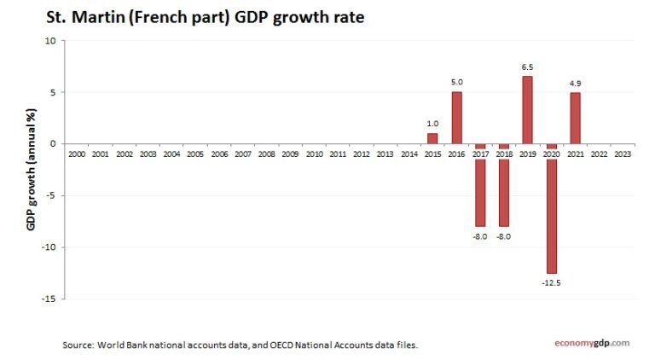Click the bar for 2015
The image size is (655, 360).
pyautogui.click(x=432, y=138)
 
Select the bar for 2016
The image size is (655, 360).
pyautogui.click(x=456, y=118)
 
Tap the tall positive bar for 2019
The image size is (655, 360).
pyautogui.click(x=527, y=110)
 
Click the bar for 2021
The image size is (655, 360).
pyautogui.click(x=575, y=119)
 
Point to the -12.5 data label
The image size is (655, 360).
pyautogui.click(x=551, y=281)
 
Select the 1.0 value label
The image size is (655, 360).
pyautogui.click(x=432, y=124)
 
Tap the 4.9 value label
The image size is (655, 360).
pyautogui.click(x=575, y=84)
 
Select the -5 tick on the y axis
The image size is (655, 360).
pyautogui.click(x=49, y=195)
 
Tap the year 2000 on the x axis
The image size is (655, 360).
pyautogui.click(x=76, y=154)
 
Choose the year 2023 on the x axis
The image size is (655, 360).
pyautogui.click(x=622, y=154)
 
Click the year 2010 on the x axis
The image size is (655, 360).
pyautogui.click(x=314, y=154)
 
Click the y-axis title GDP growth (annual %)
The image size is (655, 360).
pyautogui.click(x=31, y=170)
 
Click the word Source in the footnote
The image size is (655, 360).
pyautogui.click(x=78, y=345)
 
